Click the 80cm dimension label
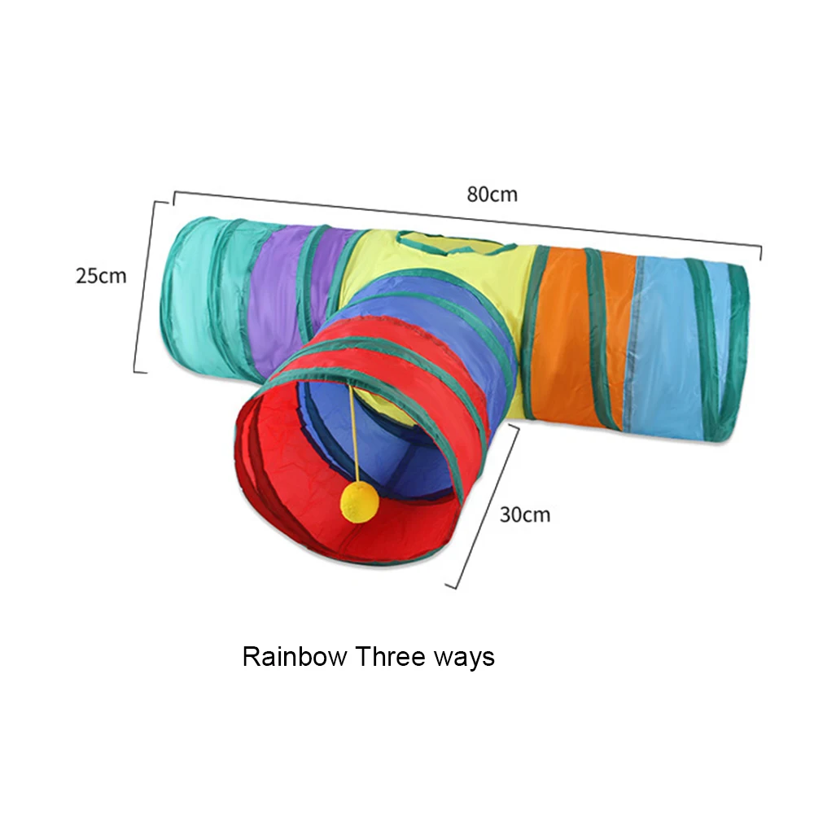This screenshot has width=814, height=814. pos(492,195)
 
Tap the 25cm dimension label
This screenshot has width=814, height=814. pos(101,275)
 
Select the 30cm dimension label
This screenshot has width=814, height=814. pos(524,514)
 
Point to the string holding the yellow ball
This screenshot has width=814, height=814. pos(353,431)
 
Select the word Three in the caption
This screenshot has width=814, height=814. pos(388,656)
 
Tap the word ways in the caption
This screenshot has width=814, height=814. pos(463,658)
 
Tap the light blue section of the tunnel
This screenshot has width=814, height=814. pos(667,342)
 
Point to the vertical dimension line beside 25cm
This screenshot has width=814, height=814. pos(144,285)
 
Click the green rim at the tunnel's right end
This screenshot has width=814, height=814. pos(737,350)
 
